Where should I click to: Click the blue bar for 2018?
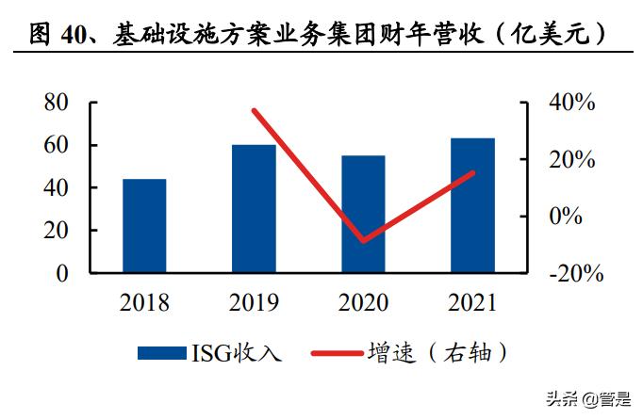point(144,226)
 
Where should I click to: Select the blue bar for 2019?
point(254,209)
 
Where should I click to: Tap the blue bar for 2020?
point(363,215)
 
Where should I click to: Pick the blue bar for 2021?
point(472,205)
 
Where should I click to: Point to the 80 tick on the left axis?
point(57,103)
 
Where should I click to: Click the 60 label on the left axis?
point(57,145)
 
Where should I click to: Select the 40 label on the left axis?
point(57,188)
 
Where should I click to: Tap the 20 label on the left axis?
point(57,231)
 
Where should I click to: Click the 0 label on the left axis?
point(63,273)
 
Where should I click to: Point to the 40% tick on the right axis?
point(572,103)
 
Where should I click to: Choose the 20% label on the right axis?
point(572,159)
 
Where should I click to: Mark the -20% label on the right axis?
point(570,273)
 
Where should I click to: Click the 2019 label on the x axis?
point(254,303)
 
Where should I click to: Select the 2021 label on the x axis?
point(472,303)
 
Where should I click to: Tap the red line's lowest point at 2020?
point(363,241)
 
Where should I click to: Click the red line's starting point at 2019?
point(254,111)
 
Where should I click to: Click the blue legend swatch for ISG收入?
point(161,353)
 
